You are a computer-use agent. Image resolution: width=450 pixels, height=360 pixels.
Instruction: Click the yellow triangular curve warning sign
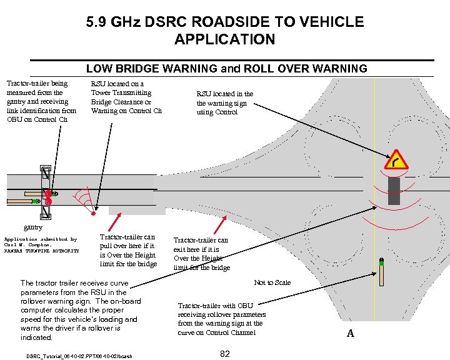[397, 161]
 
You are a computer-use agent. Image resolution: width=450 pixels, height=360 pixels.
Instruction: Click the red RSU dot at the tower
[93, 214]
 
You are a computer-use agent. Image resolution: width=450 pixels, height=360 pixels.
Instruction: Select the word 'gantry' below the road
[32, 227]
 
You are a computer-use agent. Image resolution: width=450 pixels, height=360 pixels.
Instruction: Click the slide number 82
[226, 354]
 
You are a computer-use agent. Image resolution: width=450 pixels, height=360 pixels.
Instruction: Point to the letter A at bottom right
[350, 334]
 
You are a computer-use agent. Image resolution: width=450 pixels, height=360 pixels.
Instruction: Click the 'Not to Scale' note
[272, 282]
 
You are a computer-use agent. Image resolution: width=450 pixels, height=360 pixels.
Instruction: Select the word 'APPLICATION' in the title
[225, 39]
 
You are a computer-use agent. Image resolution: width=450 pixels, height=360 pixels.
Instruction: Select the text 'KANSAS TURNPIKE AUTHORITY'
[41, 251]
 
